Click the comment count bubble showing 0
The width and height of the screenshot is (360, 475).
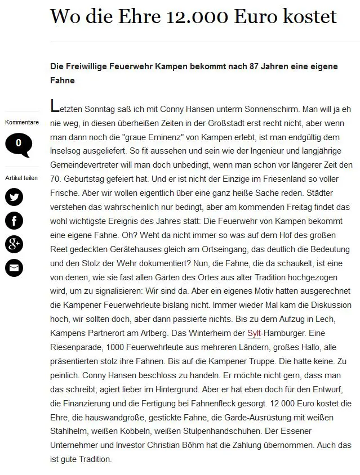(19, 144)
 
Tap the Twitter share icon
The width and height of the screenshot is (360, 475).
(14, 196)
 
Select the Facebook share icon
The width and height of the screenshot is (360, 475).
(14, 220)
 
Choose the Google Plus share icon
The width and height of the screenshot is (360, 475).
(14, 244)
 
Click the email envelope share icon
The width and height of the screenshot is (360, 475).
(14, 268)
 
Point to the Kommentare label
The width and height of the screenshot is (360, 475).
(22, 122)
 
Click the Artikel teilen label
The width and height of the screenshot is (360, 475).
(22, 178)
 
